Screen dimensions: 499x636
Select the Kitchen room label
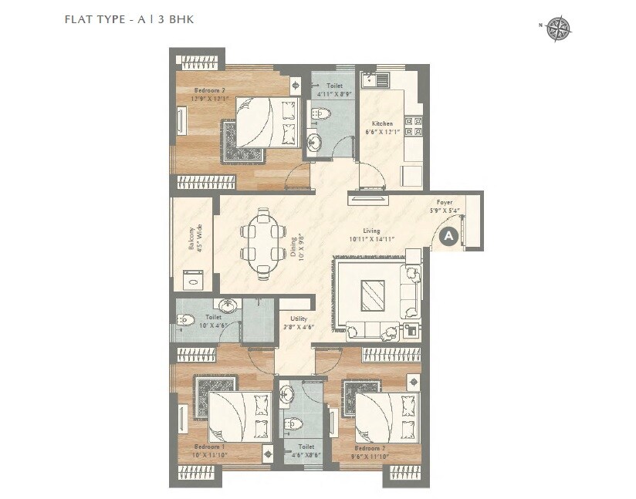[x=382, y=123]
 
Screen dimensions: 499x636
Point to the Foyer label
[x=444, y=202]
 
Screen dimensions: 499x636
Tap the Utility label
[x=299, y=318]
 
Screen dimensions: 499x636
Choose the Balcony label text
[x=191, y=238]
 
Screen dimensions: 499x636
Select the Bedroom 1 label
[x=209, y=447]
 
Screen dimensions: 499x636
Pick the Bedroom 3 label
[x=370, y=447]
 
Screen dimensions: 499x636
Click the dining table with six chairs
[x=261, y=243]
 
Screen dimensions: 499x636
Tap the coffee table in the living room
[x=373, y=294]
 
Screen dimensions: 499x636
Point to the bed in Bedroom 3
[x=388, y=416]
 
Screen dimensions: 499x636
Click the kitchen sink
[x=370, y=79]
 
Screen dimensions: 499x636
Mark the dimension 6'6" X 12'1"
[x=383, y=132]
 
